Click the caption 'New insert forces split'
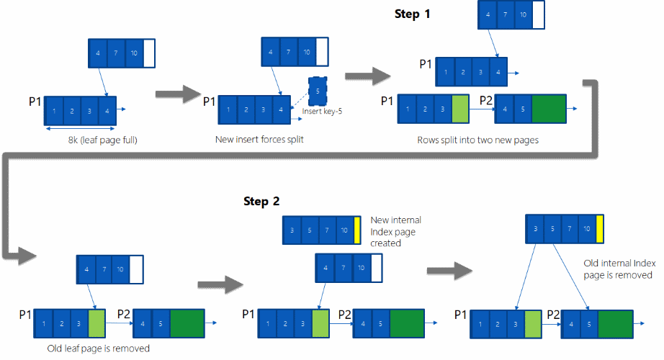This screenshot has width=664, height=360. coord(259,139)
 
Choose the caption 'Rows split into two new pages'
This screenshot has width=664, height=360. coord(477,140)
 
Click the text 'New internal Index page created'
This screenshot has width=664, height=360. coord(395,231)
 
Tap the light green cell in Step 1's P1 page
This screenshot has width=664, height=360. coord(459,108)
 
